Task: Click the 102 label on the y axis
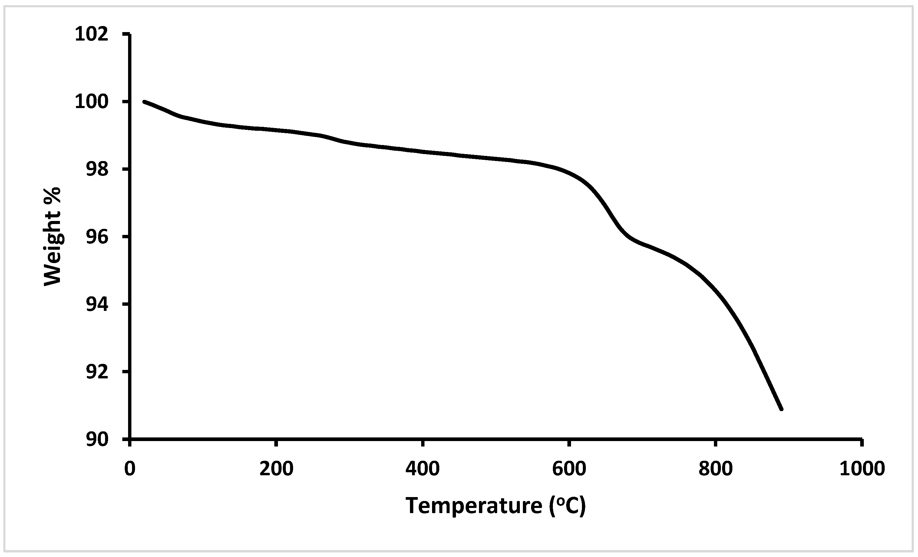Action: [x=92, y=34]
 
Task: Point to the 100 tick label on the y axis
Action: [x=92, y=102]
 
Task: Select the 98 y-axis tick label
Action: [x=97, y=170]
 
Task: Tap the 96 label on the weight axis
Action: [x=97, y=237]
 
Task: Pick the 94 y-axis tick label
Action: [x=97, y=305]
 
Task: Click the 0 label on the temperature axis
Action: [x=130, y=468]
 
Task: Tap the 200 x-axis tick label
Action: [x=276, y=468]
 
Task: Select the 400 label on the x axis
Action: [x=422, y=468]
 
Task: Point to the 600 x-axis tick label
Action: [x=569, y=468]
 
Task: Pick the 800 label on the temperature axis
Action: [x=715, y=468]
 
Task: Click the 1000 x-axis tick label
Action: [x=862, y=468]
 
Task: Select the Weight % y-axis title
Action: [x=52, y=237]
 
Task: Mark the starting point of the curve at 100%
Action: [x=144, y=101]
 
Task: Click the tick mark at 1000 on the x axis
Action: [x=862, y=442]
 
